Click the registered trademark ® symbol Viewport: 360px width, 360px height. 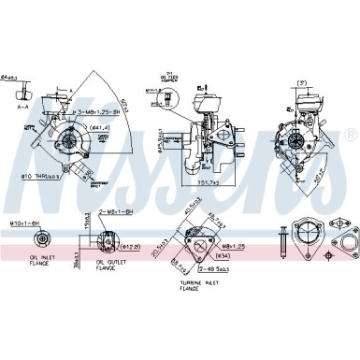pyautogui.click(x=350, y=134)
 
